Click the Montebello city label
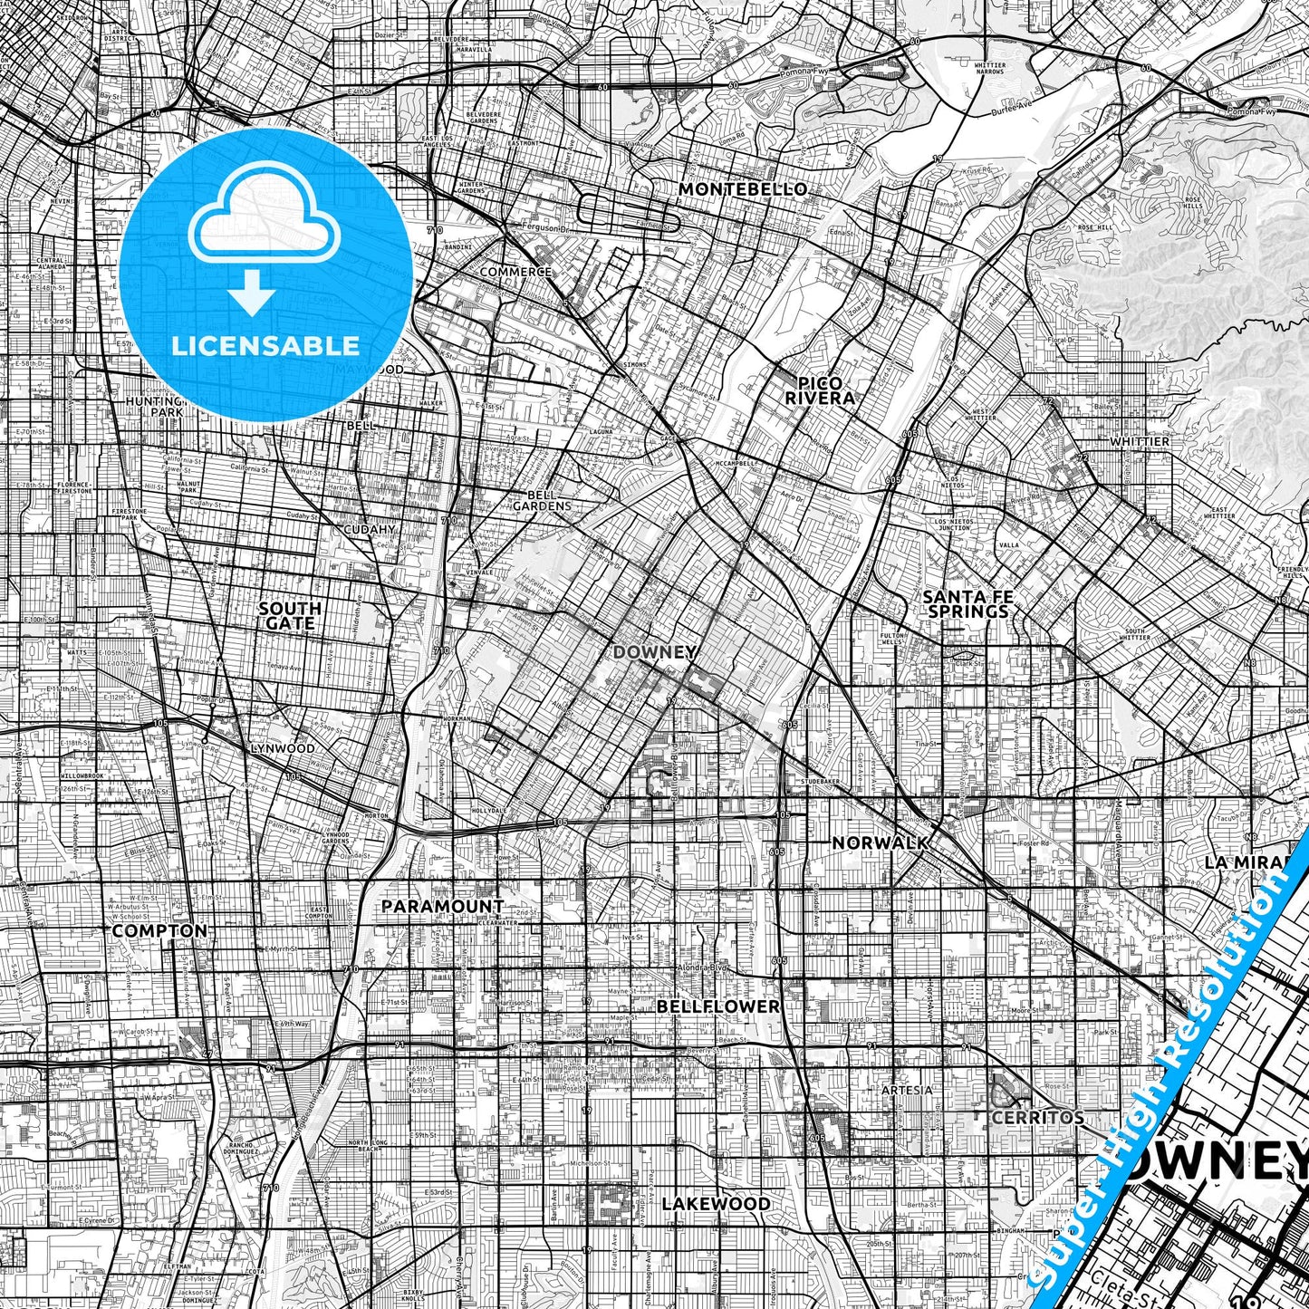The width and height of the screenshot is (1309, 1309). point(742,189)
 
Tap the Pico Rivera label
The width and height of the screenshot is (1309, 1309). point(819,390)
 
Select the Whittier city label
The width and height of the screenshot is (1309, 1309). point(1140,441)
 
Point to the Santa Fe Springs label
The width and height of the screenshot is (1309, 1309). point(967,603)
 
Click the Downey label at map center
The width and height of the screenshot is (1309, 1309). point(655,652)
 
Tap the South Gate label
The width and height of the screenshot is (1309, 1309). point(289,615)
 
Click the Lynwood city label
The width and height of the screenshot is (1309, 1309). point(283,748)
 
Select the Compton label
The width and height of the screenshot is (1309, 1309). point(159,930)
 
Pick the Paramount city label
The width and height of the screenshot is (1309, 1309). point(442,906)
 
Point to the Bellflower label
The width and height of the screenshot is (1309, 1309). point(717,1006)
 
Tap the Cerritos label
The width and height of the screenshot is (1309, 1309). point(1037,1117)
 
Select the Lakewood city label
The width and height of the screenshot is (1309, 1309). point(716,1204)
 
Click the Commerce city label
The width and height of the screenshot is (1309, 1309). point(515,272)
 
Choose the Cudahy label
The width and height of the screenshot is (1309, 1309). point(370,529)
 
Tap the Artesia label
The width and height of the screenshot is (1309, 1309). point(907,1090)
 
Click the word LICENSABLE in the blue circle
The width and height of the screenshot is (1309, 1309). point(265,345)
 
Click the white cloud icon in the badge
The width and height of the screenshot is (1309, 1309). point(264,217)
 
